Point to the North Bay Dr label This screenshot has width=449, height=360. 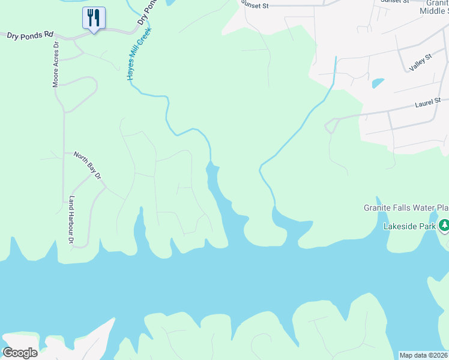coord(88,164)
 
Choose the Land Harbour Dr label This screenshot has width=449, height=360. coord(71,220)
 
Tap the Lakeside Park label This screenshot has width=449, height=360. coord(409,227)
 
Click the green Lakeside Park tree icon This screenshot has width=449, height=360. coord(444,226)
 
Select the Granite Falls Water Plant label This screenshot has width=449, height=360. coord(406,208)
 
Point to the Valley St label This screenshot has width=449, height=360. coord(420,62)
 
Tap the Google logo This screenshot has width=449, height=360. coord(20,352)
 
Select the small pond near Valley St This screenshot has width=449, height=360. coord(378,83)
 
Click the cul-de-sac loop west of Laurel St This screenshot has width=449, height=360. coord(330,126)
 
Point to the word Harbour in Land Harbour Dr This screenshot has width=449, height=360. coord(71,219)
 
